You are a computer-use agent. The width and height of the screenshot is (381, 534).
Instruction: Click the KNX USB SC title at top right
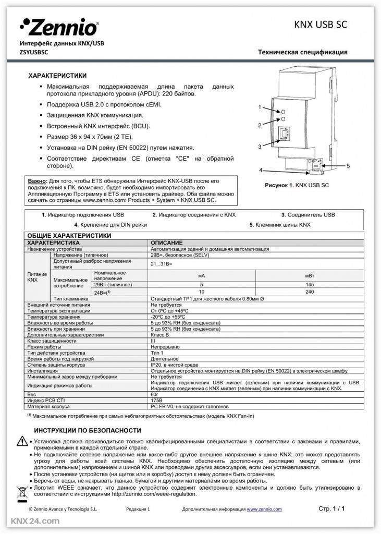pos(320,24)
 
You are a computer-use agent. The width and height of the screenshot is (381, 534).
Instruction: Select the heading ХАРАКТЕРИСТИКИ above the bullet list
pos(57,76)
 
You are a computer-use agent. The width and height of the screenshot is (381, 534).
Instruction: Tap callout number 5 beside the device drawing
pos(348,165)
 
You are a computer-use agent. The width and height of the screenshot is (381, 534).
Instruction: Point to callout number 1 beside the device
pos(259,107)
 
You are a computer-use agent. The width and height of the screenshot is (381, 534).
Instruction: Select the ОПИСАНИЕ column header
pos(166,243)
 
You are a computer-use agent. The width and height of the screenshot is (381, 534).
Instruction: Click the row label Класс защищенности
pos(52,341)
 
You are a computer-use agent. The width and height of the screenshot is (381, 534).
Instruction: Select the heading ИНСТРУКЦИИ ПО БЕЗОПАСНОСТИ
pos(87,431)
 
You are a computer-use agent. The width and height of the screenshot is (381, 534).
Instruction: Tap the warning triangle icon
pos(21,441)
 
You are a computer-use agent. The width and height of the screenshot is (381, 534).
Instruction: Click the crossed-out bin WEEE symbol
pos(21,490)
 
